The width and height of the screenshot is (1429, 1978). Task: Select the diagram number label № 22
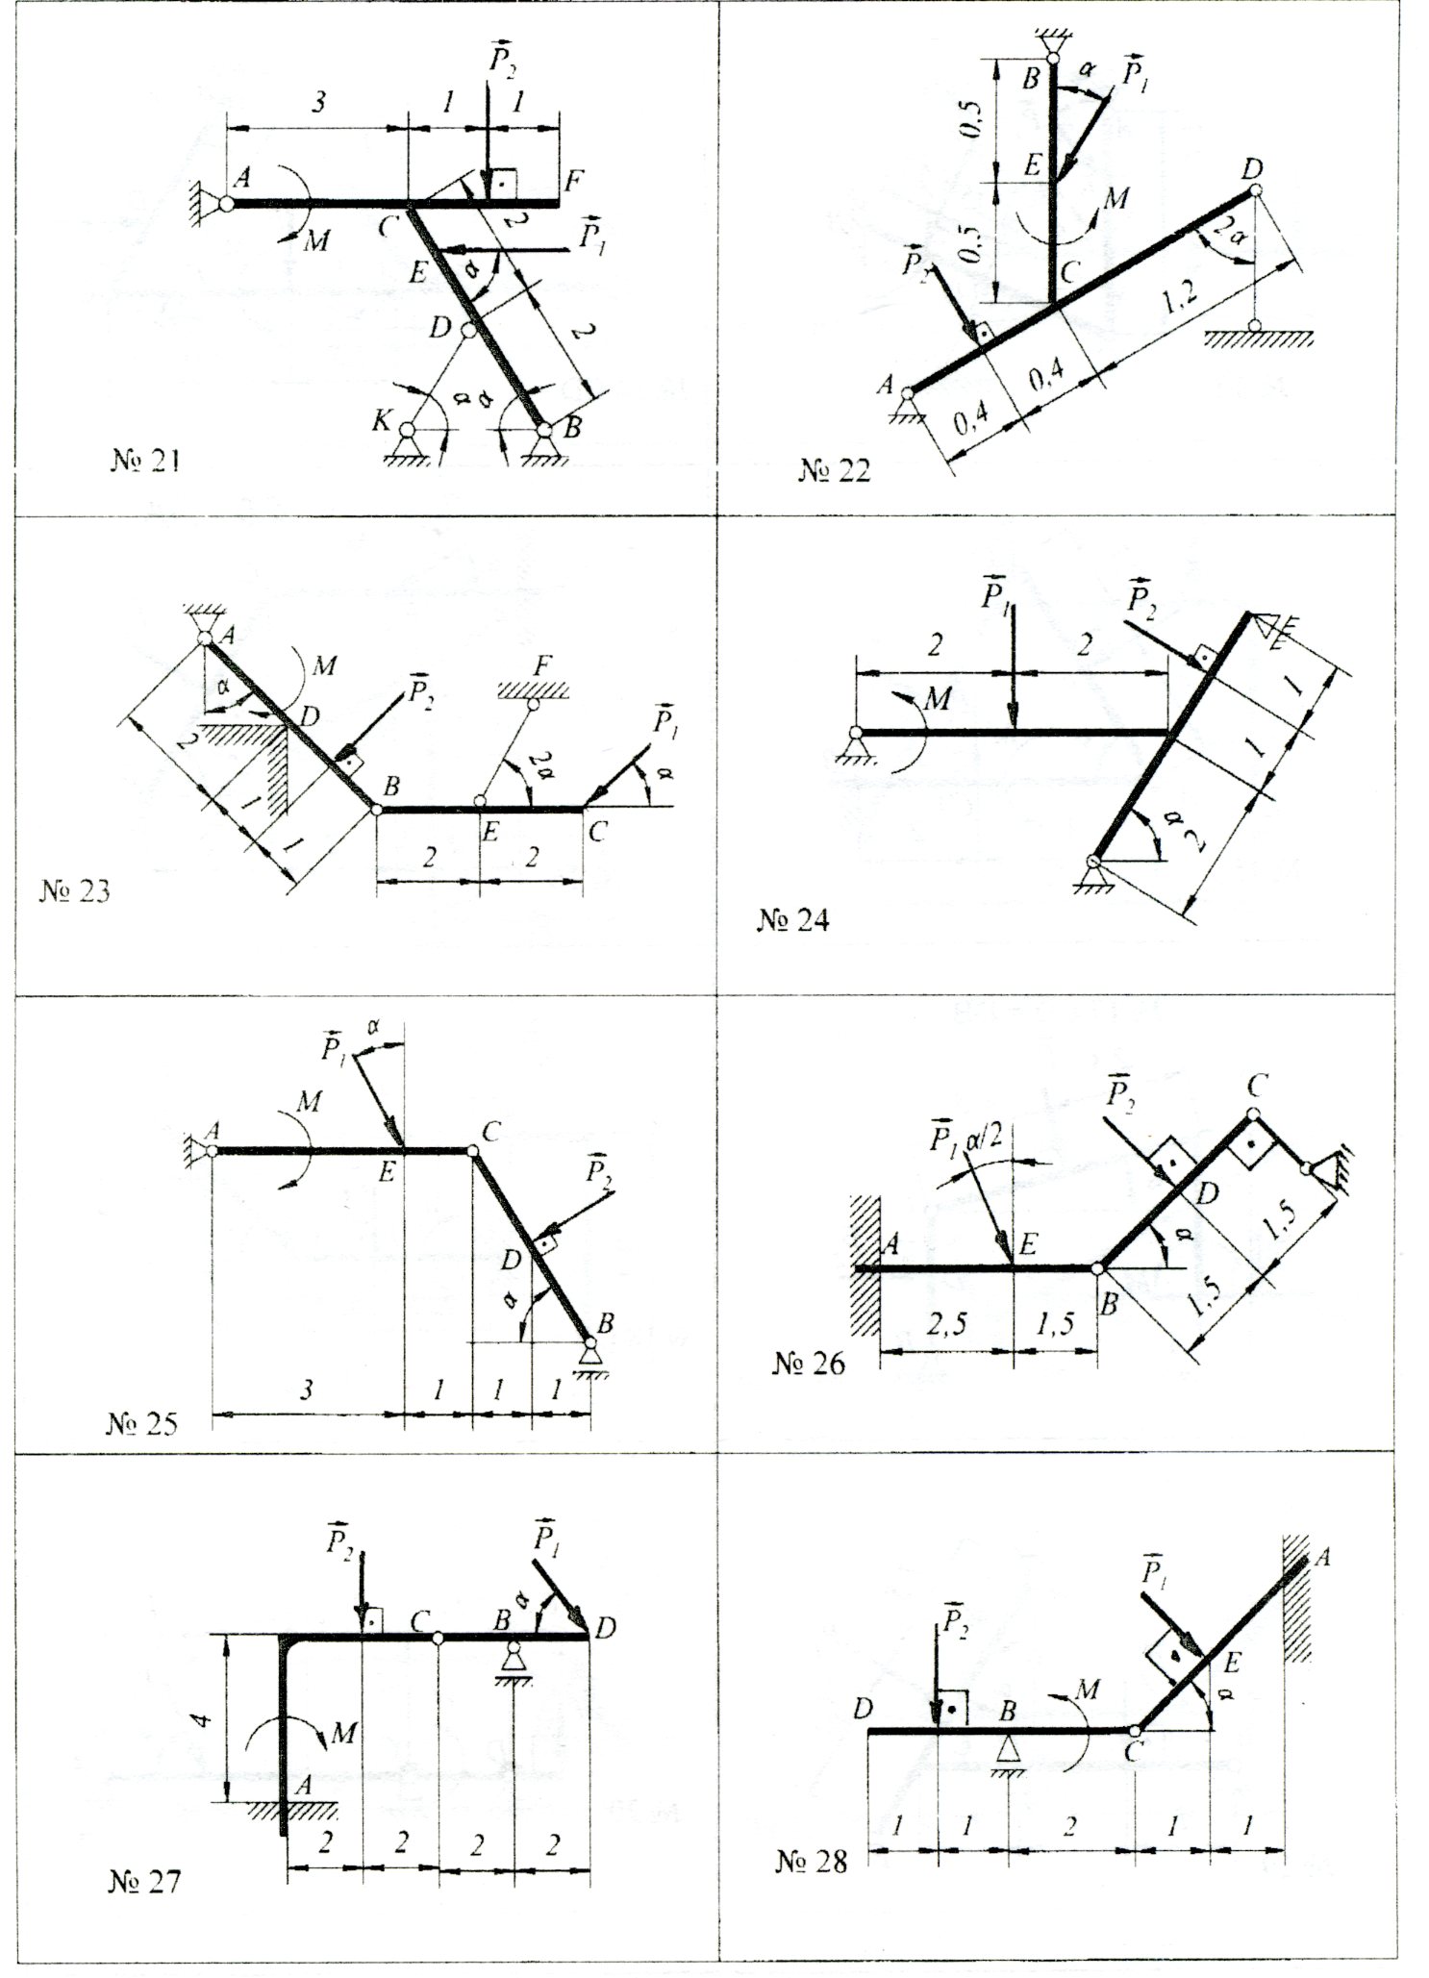(834, 470)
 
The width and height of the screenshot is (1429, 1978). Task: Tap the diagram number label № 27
(144, 1881)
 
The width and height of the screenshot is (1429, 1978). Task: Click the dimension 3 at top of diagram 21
(317, 103)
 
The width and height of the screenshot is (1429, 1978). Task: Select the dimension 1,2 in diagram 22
(1179, 300)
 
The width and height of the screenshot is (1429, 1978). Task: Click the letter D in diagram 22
(1251, 169)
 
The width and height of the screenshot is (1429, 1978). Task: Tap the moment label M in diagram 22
(1116, 198)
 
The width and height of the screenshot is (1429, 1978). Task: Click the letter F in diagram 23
(544, 665)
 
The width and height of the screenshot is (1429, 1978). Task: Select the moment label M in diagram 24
(937, 698)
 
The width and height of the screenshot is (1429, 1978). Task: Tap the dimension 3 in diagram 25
(306, 1390)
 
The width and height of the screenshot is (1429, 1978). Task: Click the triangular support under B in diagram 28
(1007, 1747)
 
